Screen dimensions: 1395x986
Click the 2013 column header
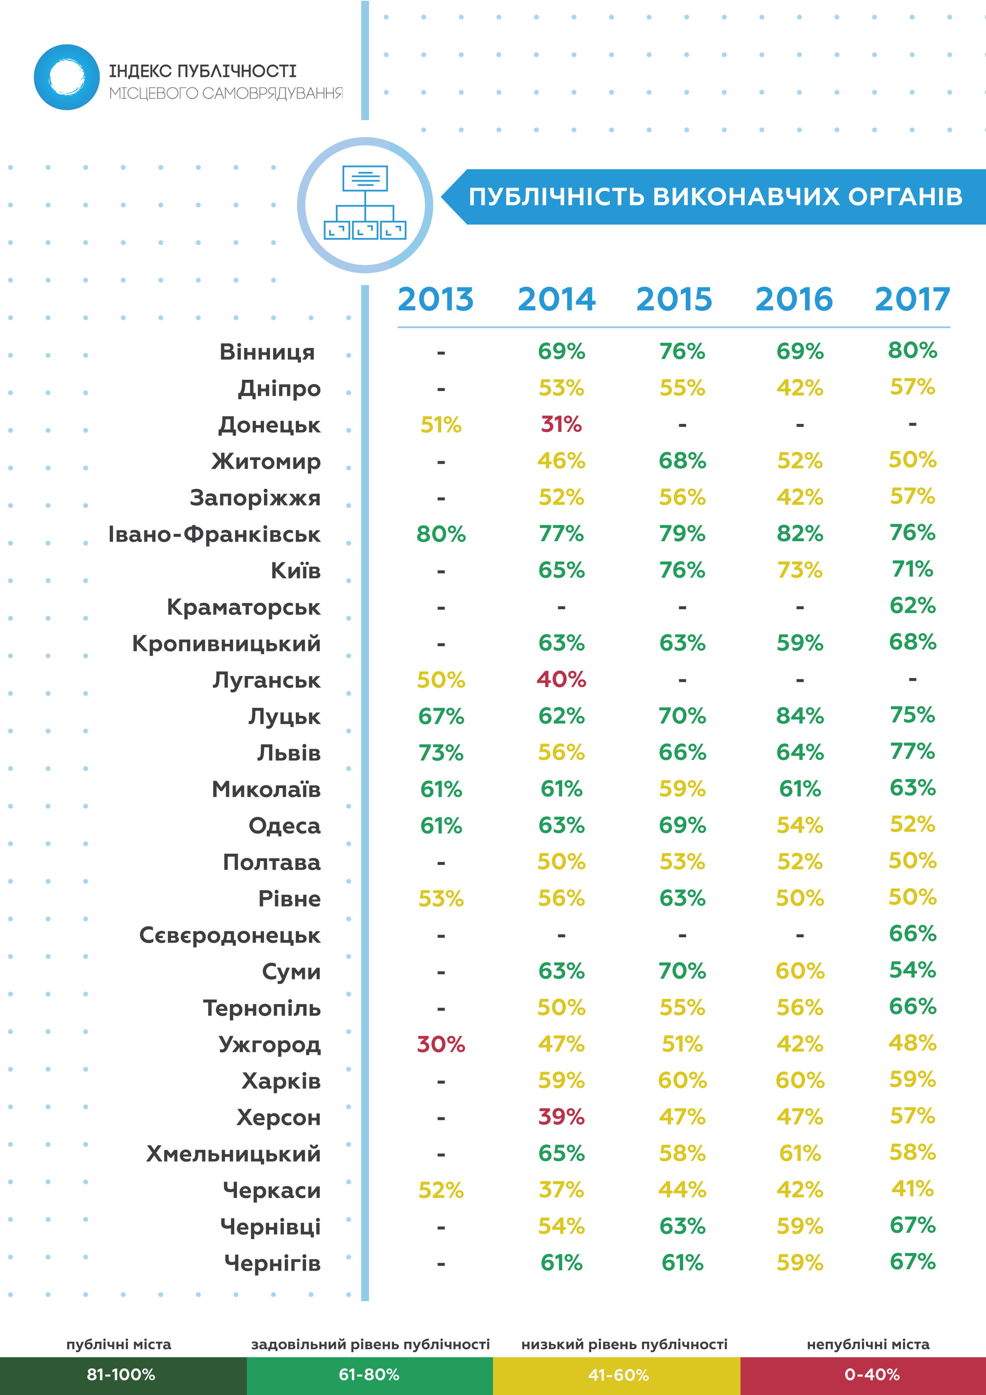click(436, 299)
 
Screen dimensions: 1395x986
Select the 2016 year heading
click(794, 299)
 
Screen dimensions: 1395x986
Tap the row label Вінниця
click(267, 352)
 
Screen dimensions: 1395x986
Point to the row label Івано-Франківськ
click(214, 534)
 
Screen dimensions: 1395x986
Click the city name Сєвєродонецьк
click(230, 935)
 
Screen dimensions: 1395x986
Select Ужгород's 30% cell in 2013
click(441, 1044)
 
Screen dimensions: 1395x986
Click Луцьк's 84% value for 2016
click(800, 716)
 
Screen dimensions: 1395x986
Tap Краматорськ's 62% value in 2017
click(912, 605)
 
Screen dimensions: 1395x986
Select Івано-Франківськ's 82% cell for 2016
click(800, 533)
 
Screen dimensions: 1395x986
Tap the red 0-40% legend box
click(863, 1375)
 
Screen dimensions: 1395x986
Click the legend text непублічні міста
click(868, 1344)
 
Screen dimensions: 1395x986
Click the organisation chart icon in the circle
click(365, 203)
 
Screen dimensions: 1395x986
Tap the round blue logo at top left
click(67, 77)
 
